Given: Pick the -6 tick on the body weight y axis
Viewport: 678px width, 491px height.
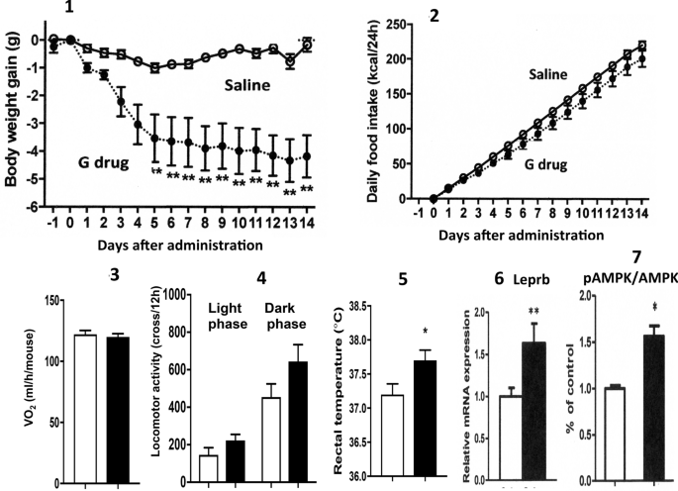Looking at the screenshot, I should click(x=32, y=207).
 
